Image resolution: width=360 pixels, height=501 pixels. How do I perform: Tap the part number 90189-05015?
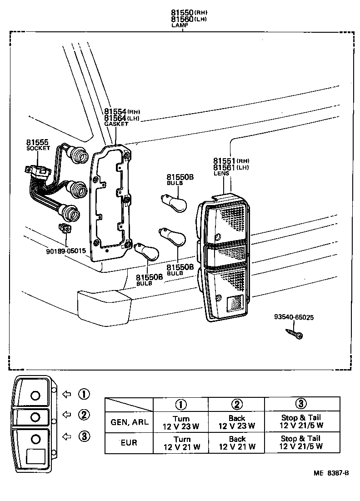(x=65, y=250)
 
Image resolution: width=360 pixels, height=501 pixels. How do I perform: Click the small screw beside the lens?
(x=294, y=335)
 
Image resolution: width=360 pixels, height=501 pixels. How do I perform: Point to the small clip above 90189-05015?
(x=65, y=229)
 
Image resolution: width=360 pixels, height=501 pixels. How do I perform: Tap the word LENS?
(x=221, y=173)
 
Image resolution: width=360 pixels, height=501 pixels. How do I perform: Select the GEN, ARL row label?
(x=129, y=422)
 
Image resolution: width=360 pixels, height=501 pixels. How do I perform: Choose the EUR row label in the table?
(x=129, y=442)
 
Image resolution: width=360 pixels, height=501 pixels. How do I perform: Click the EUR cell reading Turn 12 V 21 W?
(x=181, y=443)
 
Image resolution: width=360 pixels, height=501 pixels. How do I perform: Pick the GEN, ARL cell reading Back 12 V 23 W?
(x=236, y=422)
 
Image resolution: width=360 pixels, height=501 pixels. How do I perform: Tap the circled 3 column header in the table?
(x=301, y=403)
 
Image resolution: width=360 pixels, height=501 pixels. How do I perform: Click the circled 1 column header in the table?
(x=181, y=404)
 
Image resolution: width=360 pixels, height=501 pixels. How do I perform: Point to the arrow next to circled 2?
(x=66, y=414)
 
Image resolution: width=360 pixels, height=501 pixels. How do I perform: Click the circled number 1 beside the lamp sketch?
(x=84, y=394)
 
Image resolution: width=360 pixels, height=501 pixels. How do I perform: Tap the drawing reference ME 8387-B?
(x=331, y=473)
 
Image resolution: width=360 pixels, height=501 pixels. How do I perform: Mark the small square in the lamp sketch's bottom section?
(x=35, y=456)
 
